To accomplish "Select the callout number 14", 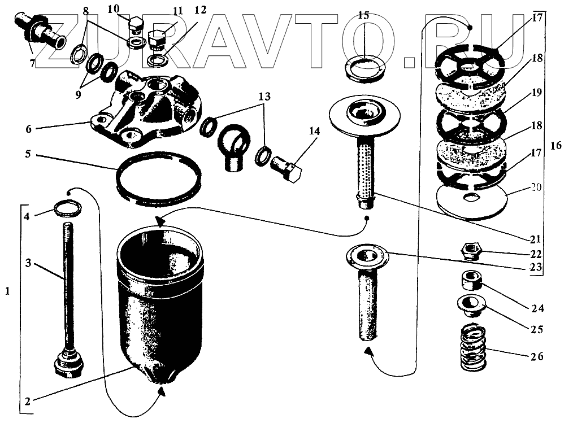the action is click(x=314, y=131).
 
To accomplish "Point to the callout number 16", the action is click(x=556, y=146).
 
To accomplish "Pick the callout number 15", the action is click(x=363, y=15).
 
